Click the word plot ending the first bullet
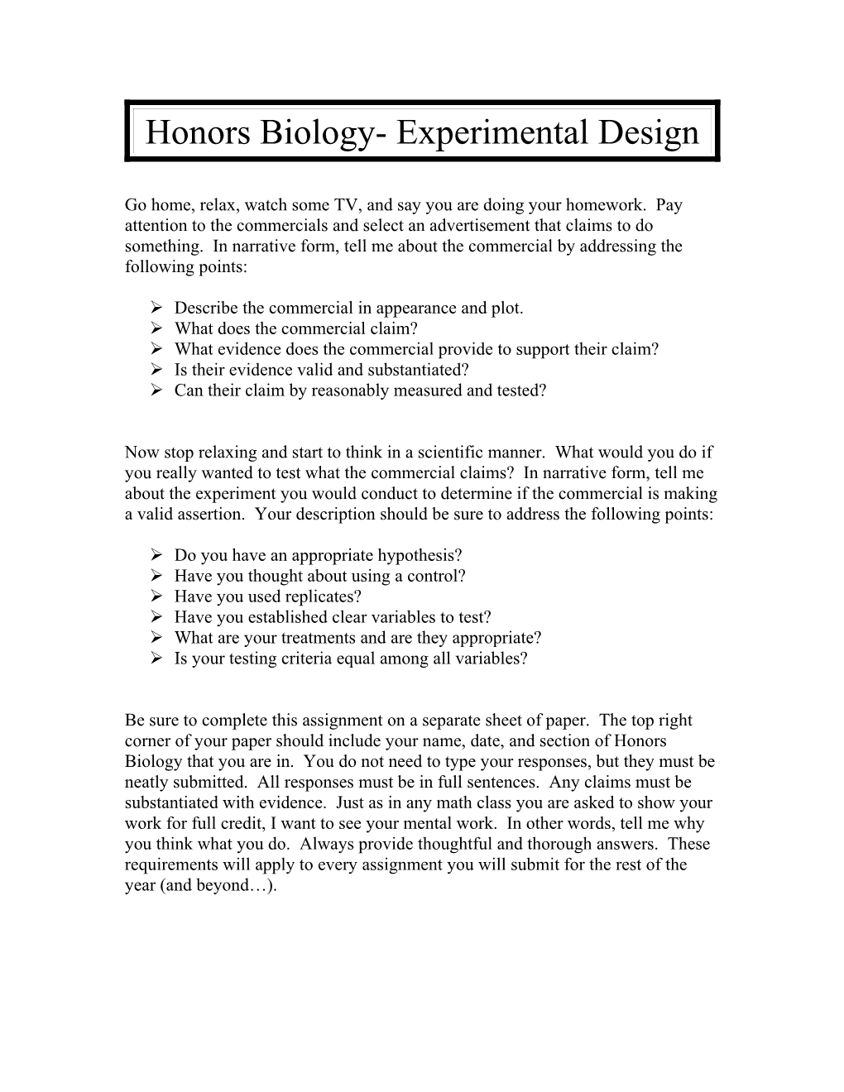click(506, 308)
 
